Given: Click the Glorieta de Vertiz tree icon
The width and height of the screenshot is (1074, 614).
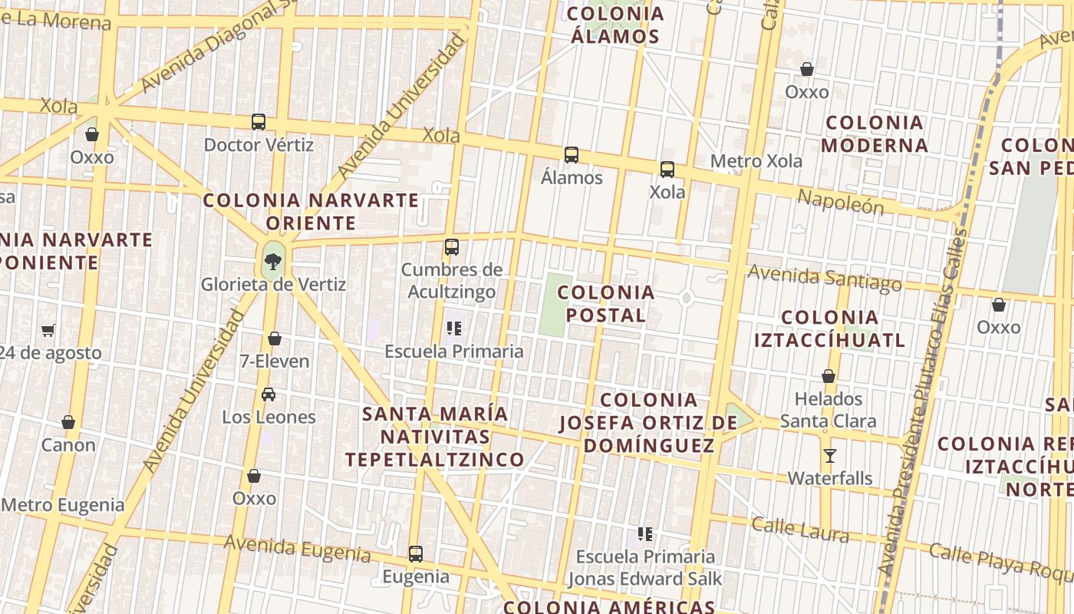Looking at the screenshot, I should tap(272, 261).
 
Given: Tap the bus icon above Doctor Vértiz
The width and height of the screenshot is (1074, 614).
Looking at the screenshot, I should tap(259, 121).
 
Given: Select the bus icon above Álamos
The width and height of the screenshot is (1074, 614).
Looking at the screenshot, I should tap(572, 154).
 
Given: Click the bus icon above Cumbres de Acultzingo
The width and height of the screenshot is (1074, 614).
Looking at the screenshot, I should tap(452, 247).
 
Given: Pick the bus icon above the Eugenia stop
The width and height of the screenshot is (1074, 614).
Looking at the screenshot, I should tap(416, 553).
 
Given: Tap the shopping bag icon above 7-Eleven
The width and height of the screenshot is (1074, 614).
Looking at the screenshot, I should tap(275, 338).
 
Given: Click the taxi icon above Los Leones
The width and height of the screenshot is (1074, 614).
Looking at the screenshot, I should tap(268, 394).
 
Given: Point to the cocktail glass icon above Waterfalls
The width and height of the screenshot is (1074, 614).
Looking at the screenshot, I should tap(829, 455).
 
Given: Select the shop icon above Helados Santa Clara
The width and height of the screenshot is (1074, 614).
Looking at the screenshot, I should tap(829, 376).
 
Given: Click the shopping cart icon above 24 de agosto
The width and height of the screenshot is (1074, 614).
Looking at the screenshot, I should tap(48, 331).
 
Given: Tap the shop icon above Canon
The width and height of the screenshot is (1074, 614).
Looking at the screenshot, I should tap(68, 422).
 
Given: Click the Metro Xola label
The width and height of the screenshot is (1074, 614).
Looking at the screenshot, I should tap(756, 161).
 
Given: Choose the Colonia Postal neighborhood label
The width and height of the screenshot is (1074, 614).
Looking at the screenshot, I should tap(606, 303).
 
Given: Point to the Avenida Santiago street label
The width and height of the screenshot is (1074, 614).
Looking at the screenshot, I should tap(825, 278).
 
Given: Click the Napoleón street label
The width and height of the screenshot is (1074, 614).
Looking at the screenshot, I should tap(840, 202).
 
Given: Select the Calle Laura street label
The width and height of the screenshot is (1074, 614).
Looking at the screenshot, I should tap(800, 530).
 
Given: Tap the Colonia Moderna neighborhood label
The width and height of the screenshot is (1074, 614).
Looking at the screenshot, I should tap(875, 134).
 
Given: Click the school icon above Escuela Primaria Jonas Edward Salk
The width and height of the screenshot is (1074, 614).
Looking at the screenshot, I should tap(645, 533).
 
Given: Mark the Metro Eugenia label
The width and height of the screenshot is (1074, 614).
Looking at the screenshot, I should tap(63, 505).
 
